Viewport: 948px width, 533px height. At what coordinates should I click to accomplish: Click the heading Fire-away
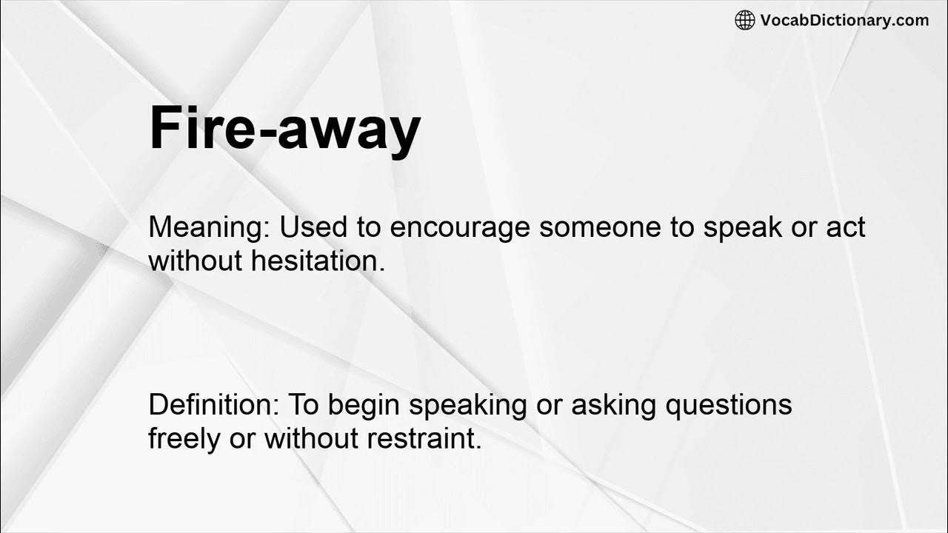point(284,129)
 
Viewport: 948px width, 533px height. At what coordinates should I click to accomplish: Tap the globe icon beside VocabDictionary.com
point(744,20)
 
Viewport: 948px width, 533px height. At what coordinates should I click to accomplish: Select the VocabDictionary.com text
point(844,20)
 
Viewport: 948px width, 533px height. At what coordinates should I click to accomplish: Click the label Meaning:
point(210,228)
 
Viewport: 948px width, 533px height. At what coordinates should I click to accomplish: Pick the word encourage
point(460,228)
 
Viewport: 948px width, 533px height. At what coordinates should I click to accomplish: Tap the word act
point(846,227)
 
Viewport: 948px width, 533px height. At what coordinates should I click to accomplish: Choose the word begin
point(364,406)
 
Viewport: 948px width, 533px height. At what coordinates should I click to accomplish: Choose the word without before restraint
point(311,438)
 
